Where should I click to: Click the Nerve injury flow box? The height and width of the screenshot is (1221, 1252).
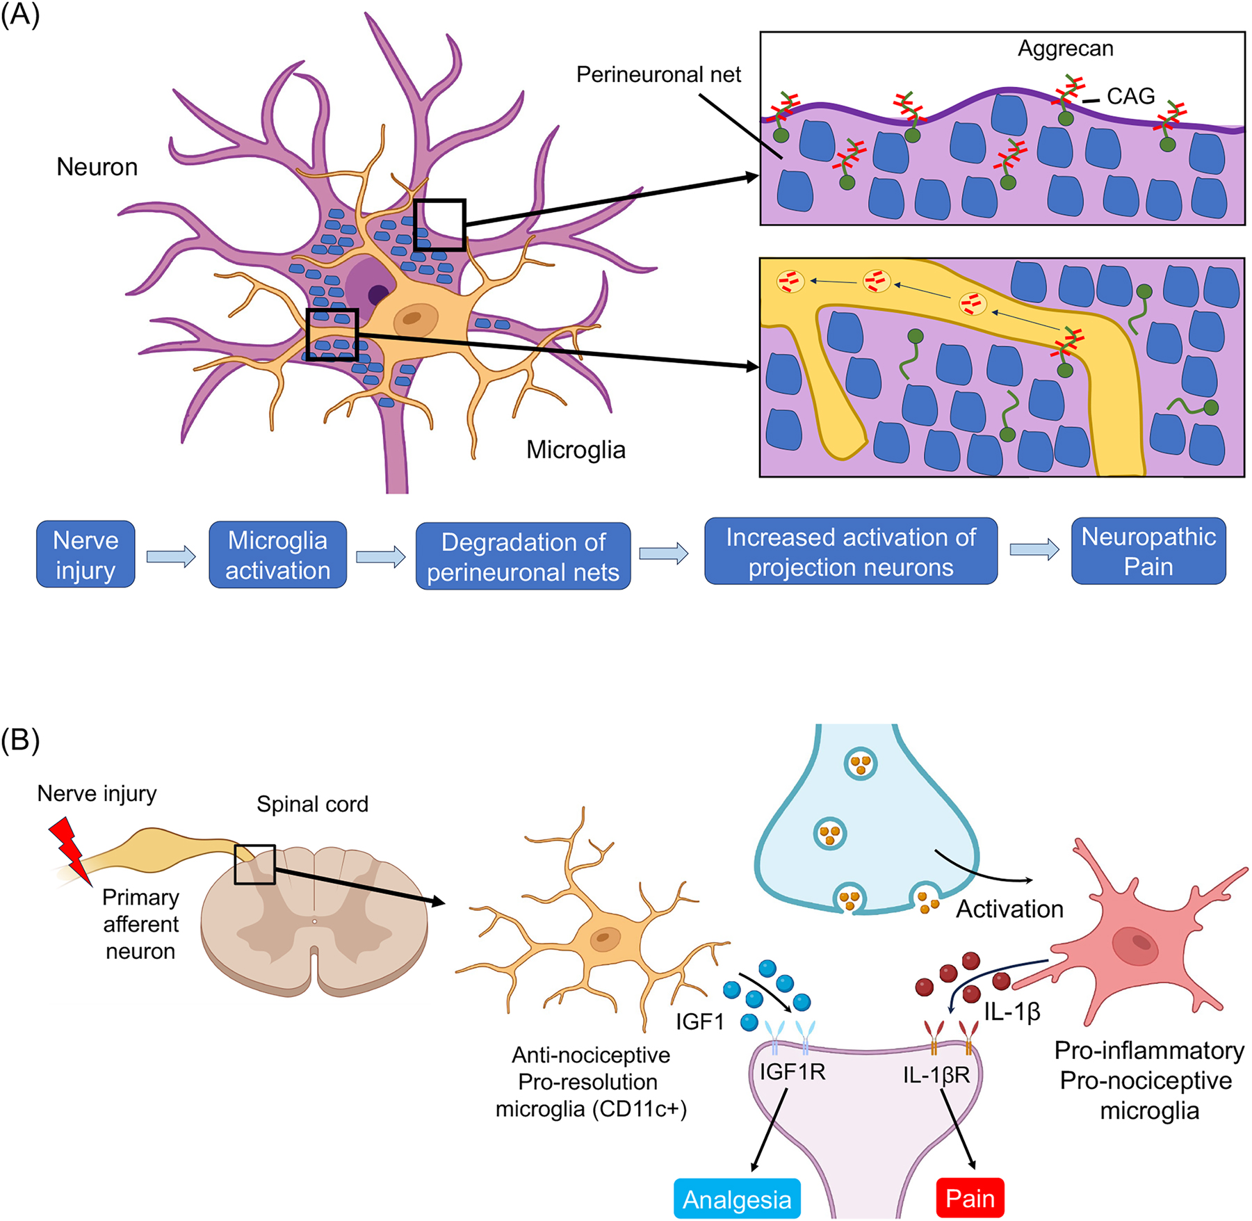(x=86, y=554)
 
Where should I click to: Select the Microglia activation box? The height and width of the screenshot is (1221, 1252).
(x=277, y=555)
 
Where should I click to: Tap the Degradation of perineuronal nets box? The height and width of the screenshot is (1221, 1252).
(x=523, y=556)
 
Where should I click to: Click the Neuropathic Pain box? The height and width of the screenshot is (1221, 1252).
(x=1148, y=551)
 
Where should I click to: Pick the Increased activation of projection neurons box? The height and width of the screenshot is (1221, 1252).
(x=850, y=551)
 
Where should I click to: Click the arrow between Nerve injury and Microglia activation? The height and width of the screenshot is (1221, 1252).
(x=171, y=556)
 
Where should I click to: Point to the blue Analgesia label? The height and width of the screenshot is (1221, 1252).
(x=737, y=1199)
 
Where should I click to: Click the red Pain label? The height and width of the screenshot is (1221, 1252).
(x=970, y=1197)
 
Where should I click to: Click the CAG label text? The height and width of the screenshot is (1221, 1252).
(x=1130, y=96)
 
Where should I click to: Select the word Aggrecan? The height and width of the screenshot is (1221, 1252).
(x=1065, y=48)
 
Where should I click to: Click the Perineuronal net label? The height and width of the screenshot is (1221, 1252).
(x=658, y=74)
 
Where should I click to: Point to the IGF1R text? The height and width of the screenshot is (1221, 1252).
(x=792, y=1072)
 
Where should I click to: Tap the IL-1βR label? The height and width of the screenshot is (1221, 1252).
(x=936, y=1075)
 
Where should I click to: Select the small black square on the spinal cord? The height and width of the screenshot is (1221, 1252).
(x=254, y=864)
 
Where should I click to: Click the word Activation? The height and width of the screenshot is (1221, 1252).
(x=1009, y=909)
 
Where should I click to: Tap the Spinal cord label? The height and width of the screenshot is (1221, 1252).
(x=312, y=804)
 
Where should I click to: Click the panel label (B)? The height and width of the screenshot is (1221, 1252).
(x=20, y=740)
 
